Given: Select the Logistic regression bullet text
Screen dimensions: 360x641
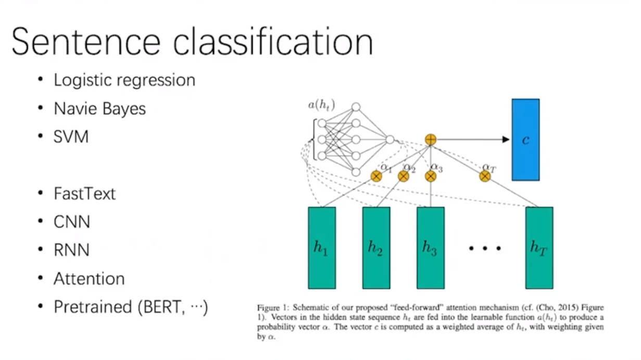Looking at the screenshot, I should pos(124,80).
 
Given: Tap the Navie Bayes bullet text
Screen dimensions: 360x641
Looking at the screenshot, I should pos(99,108).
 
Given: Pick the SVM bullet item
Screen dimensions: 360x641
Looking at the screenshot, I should pos(71,136).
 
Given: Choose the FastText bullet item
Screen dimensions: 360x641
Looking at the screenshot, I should pos(84,194).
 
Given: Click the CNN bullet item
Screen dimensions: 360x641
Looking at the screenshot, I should pos(72,222).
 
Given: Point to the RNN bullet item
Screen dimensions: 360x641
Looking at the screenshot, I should pos(71,250).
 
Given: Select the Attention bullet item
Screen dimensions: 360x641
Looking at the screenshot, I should pos(89,279).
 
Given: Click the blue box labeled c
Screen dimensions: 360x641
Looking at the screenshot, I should pos(525,140).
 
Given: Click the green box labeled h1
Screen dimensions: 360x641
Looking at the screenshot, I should pos(321,247).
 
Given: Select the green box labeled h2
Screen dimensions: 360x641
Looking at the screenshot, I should pos(376,247).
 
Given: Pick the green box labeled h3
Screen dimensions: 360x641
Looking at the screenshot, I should pos(430,247).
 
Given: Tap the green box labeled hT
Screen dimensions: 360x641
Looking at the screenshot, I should pos(539,247).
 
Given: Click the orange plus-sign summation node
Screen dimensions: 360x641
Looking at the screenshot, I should pos(430,140).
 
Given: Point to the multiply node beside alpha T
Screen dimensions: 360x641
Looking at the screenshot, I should pos(485,177).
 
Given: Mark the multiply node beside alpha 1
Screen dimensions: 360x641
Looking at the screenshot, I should pos(376,177).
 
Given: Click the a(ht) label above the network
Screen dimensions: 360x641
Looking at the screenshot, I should pos(321,105).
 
